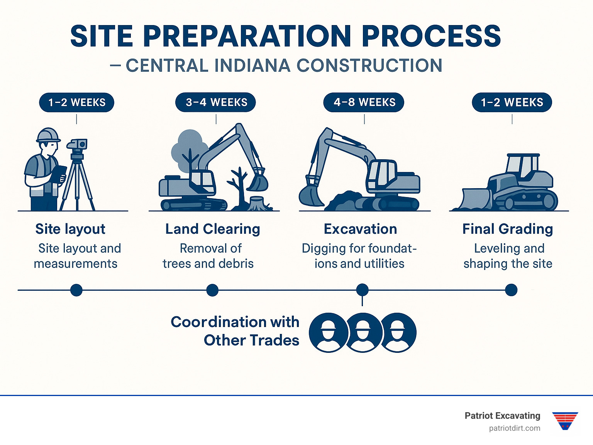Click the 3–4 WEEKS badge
[x=216, y=103]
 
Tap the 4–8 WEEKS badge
[x=364, y=103]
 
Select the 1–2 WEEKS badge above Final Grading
[x=512, y=103]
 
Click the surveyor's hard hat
[x=48, y=135]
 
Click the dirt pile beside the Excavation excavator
[x=344, y=201]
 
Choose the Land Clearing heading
[x=213, y=229]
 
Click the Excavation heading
[x=360, y=229]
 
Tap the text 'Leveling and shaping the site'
[x=508, y=256]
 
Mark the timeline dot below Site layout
[x=76, y=290]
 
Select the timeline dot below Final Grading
[x=511, y=290]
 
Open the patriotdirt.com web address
[x=514, y=428]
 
